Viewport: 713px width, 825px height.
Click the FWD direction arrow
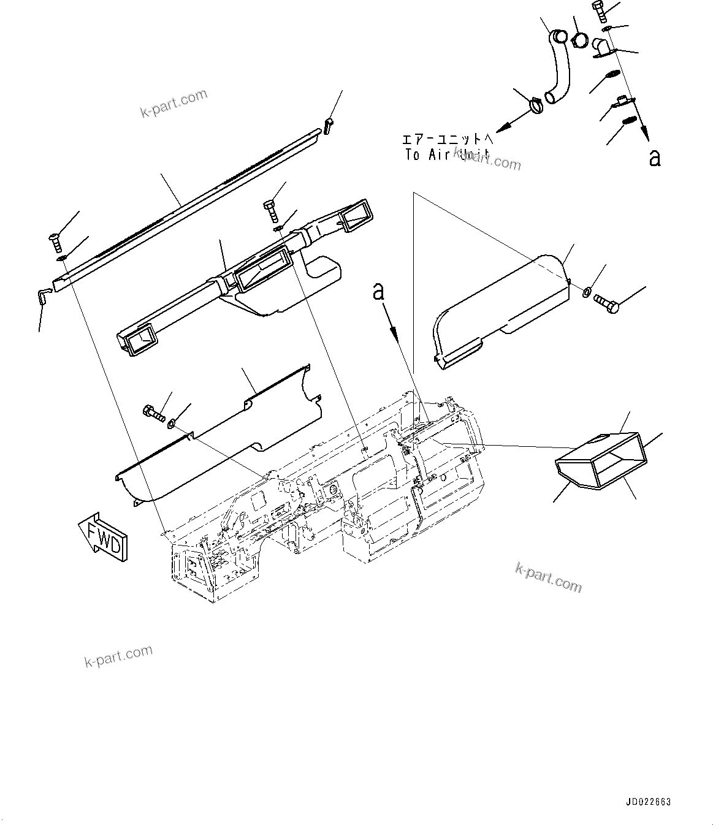point(103,535)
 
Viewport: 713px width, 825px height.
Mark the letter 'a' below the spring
point(655,158)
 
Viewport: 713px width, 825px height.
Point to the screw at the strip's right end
point(329,126)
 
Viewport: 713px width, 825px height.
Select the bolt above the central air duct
point(270,210)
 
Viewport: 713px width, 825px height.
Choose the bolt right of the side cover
point(607,302)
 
